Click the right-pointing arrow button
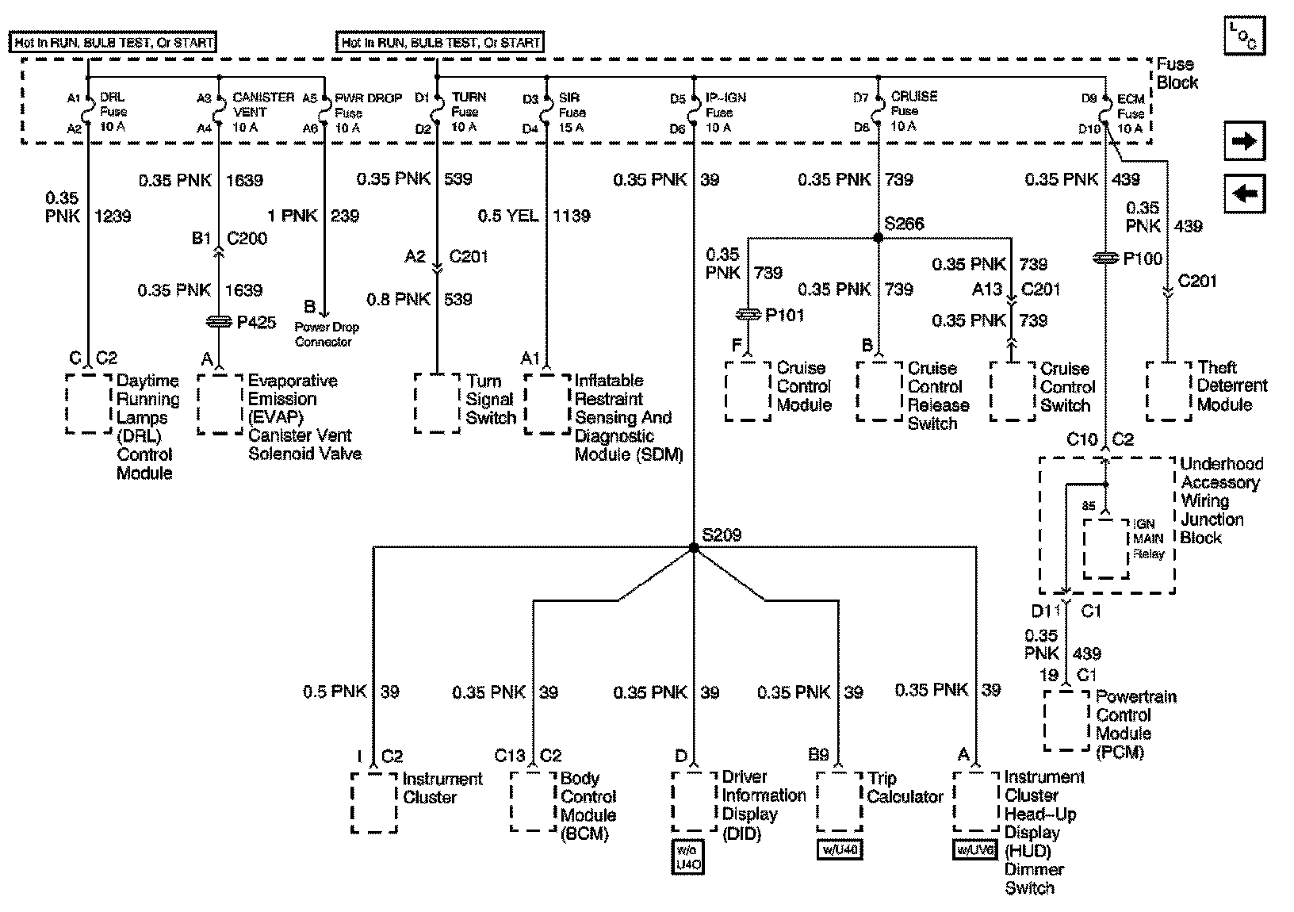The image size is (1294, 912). coord(1244,141)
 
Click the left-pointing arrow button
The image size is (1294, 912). coord(1244,194)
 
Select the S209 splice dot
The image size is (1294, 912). coord(694,547)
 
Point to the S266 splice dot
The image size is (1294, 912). coord(878,237)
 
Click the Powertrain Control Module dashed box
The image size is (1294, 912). coord(1066,720)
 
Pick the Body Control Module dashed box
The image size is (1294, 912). coord(533,801)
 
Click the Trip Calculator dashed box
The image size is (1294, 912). coord(839,801)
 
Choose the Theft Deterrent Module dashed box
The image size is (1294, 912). coord(1169,391)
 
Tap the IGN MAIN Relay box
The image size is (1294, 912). coord(1106,548)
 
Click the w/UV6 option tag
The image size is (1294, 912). coord(975,850)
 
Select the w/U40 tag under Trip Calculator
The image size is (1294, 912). coord(839,850)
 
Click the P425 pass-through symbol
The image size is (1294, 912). coord(218,322)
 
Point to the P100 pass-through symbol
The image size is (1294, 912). coord(1104,259)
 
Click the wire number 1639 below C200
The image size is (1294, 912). coord(244,290)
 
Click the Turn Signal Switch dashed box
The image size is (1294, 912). coord(437,403)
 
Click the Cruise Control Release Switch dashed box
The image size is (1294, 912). coord(879,391)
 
